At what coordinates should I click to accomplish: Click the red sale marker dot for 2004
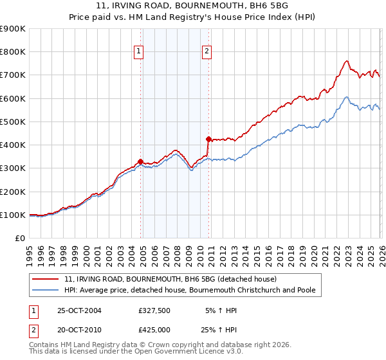tap(140, 161)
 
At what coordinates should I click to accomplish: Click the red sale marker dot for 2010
tap(208, 139)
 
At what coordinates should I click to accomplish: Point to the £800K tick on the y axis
tap(13, 52)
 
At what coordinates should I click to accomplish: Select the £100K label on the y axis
tap(13, 215)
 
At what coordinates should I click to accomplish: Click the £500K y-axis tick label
tap(13, 122)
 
